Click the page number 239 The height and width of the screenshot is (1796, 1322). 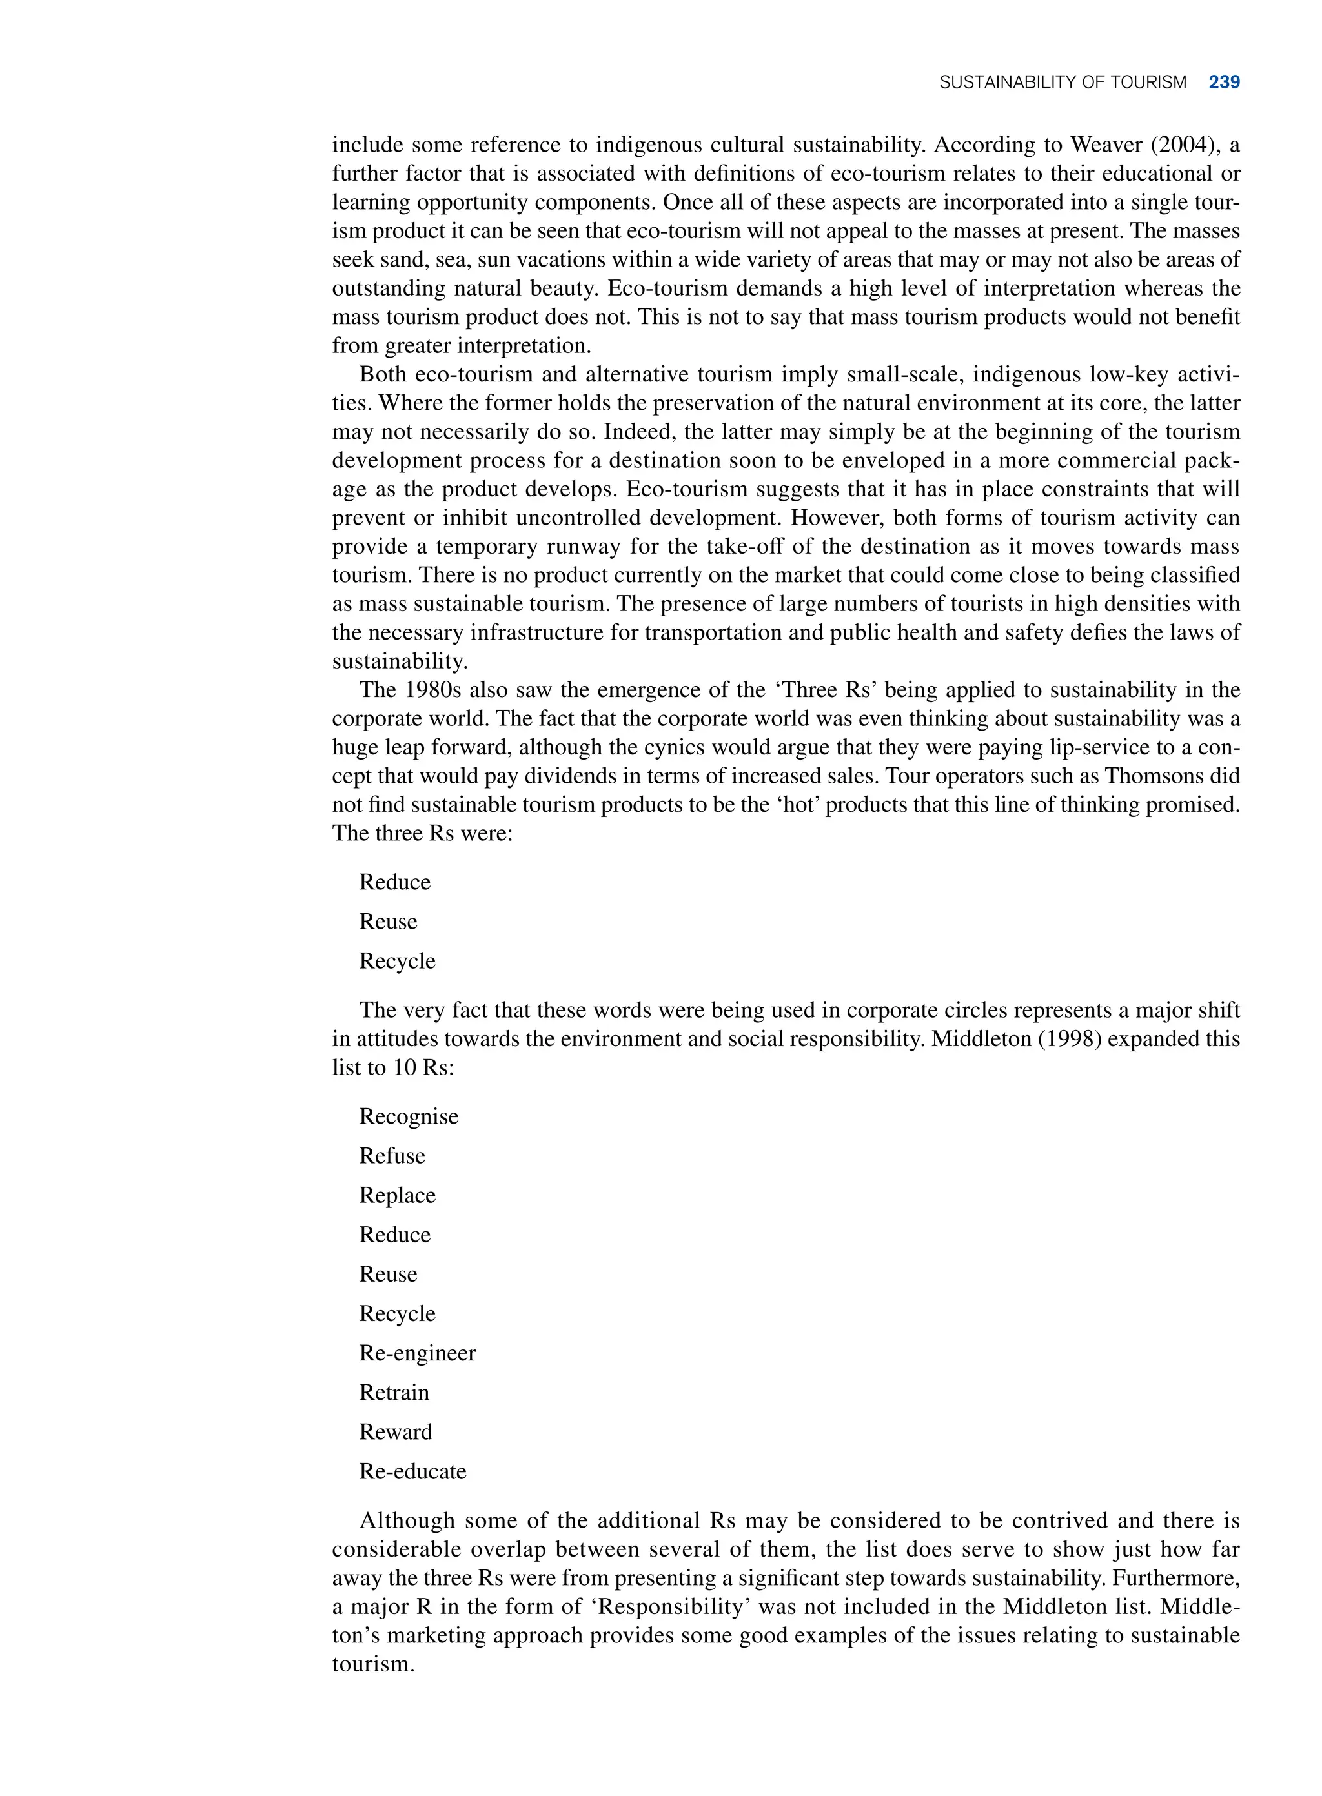coord(1224,83)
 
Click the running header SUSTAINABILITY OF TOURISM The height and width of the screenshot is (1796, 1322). coord(1062,83)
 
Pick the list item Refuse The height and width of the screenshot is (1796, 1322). coord(391,1155)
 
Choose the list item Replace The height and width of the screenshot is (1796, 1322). coord(397,1195)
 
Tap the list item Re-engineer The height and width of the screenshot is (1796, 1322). coord(417,1353)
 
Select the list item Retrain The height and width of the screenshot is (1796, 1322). coord(394,1392)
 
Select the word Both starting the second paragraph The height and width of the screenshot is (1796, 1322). coord(383,374)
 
